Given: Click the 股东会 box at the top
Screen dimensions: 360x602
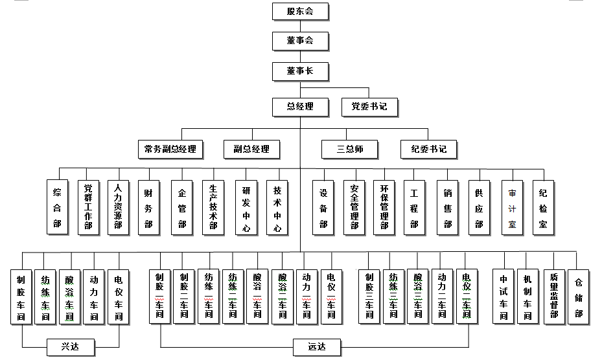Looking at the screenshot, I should click(300, 12).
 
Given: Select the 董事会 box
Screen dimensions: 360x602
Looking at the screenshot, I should click(300, 41).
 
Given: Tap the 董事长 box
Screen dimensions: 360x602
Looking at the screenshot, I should click(300, 71).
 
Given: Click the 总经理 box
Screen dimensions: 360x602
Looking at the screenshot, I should click(300, 106).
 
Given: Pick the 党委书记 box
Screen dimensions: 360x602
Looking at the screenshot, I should click(369, 106).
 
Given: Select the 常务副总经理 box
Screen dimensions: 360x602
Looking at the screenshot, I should click(170, 149).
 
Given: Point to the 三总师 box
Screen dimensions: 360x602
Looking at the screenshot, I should click(350, 149).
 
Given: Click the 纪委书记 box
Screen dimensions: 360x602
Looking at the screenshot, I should click(428, 149).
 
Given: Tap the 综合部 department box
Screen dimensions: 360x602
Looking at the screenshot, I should click(57, 207).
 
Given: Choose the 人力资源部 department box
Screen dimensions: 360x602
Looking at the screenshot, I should click(118, 207).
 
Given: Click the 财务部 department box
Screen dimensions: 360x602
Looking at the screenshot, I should click(148, 207).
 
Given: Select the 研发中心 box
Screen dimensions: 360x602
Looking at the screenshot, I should click(246, 207).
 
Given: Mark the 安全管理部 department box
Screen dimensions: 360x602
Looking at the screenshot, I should click(354, 207).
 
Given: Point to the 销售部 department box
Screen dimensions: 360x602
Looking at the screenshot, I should click(448, 207).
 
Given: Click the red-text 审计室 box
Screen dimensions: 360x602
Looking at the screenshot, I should click(512, 207).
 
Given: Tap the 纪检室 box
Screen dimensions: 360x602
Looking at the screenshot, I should click(544, 207).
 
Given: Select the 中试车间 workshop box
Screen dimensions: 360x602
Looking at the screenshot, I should click(503, 297).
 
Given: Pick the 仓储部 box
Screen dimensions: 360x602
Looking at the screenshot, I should click(579, 297).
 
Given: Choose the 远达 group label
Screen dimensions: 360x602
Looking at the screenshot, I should click(317, 347).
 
